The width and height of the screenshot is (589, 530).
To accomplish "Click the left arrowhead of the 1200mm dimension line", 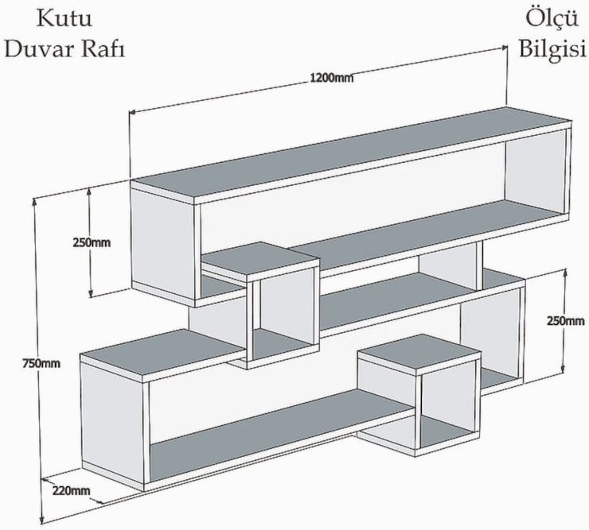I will pos(133,114).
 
